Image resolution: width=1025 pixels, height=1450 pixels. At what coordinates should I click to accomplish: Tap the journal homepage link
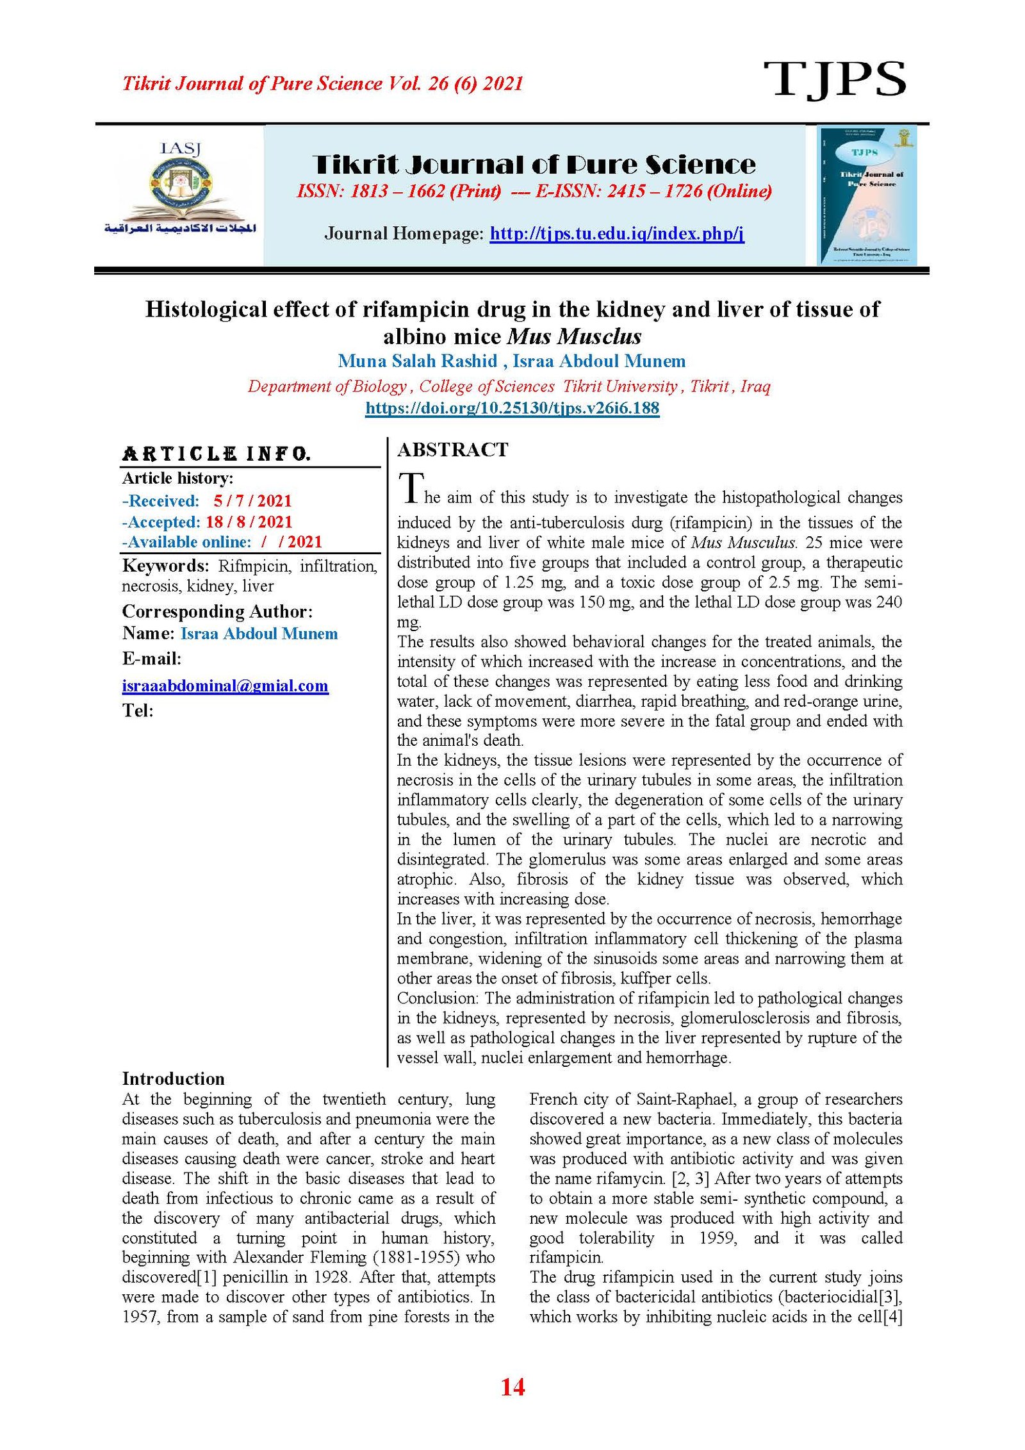[x=616, y=233]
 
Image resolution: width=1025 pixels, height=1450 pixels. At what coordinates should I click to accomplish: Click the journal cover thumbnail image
[x=867, y=195]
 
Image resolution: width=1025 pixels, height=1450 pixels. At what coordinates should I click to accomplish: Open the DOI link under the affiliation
[x=512, y=408]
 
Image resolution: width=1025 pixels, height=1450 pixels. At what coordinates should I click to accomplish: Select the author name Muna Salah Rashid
[x=417, y=361]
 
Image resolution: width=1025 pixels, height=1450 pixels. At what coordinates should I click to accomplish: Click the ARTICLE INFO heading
[x=217, y=454]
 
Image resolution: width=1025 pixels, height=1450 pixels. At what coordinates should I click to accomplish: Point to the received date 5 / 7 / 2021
[x=252, y=501]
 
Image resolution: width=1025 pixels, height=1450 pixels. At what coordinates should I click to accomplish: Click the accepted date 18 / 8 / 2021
[x=249, y=522]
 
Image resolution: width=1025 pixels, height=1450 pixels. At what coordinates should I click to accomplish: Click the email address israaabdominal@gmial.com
[x=225, y=686]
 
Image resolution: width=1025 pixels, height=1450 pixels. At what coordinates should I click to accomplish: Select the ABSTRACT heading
[x=452, y=450]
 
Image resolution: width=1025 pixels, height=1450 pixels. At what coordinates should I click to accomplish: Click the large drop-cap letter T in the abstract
[x=410, y=488]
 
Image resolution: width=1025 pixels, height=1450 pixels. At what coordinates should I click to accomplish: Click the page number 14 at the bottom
[x=512, y=1387]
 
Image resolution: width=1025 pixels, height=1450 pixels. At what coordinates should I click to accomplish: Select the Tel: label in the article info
[x=138, y=711]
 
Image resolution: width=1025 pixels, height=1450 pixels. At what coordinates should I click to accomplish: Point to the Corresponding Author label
[x=217, y=611]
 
